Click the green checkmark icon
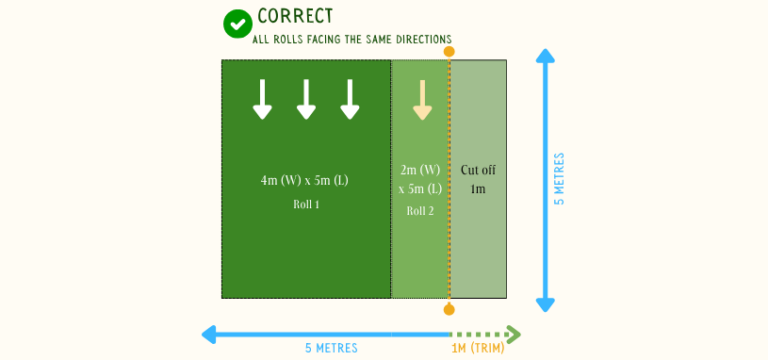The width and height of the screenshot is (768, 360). coord(237,24)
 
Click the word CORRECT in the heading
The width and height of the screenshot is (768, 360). coord(295,16)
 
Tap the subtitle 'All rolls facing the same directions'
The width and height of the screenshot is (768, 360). coord(351,40)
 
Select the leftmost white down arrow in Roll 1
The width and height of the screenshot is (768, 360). coord(262,99)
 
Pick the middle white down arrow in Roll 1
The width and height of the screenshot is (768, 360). coord(306,99)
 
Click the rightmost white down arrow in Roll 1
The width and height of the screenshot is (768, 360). coord(350,99)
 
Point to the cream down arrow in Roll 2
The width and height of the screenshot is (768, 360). coord(421,100)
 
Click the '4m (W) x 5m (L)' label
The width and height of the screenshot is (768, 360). coord(305,179)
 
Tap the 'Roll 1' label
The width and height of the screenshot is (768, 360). coord(305,204)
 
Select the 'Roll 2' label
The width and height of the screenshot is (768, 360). coord(420,211)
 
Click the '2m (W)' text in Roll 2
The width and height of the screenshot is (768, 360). coord(420,171)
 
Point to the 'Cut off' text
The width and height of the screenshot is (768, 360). coord(478,171)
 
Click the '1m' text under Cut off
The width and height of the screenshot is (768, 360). coord(478,189)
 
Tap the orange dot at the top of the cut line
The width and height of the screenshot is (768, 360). coord(449,52)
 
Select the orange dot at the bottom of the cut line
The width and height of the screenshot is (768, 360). coord(449,308)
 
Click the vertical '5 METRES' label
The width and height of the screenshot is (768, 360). coord(560,179)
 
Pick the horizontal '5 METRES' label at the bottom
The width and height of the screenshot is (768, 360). coord(331,349)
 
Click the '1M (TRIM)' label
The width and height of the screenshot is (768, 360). coord(478,349)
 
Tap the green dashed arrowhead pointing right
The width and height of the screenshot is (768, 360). coord(514,334)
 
